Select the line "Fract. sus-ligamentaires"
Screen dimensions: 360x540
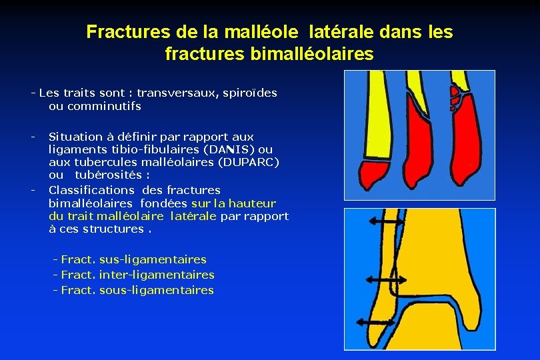[133, 259]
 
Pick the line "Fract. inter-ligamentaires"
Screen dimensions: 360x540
[137, 275]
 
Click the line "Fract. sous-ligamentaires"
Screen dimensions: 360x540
[137, 290]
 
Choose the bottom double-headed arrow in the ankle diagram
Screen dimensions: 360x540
[375, 323]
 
